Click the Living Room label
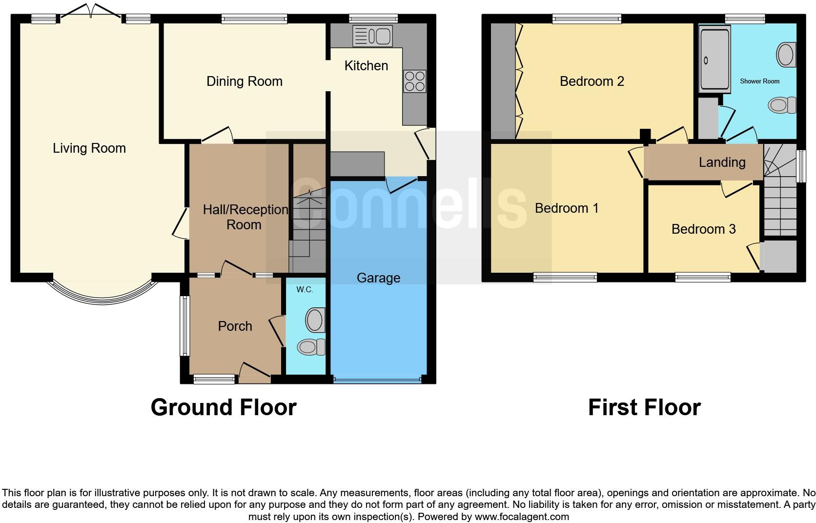tap(89, 148)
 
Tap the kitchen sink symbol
tap(372, 36)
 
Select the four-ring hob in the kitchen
tap(414, 81)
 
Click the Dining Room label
tap(245, 81)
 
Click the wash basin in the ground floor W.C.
tap(315, 320)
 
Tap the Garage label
tap(378, 278)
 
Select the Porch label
tap(235, 326)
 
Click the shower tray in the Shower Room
tap(715, 60)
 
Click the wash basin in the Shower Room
tap(786, 55)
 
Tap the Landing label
tap(722, 162)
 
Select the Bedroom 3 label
tap(703, 229)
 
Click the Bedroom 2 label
tap(592, 81)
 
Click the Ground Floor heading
tap(224, 407)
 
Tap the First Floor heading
tap(644, 407)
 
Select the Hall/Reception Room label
tap(245, 217)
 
